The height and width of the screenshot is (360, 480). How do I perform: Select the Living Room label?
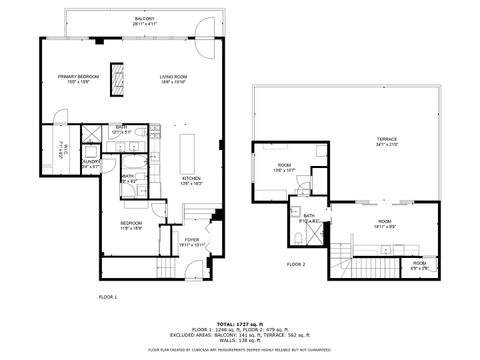(174, 79)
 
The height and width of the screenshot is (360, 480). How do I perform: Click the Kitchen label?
(163, 181)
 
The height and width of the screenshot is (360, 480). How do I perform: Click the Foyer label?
(191, 241)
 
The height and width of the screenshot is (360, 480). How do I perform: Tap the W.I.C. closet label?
(61, 148)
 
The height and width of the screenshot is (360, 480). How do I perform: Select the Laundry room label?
(90, 163)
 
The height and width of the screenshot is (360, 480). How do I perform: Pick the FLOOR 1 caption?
(108, 297)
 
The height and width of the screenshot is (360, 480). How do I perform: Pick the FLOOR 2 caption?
(296, 264)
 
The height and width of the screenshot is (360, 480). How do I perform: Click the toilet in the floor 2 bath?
(301, 237)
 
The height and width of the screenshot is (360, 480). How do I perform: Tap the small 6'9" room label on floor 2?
(420, 266)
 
